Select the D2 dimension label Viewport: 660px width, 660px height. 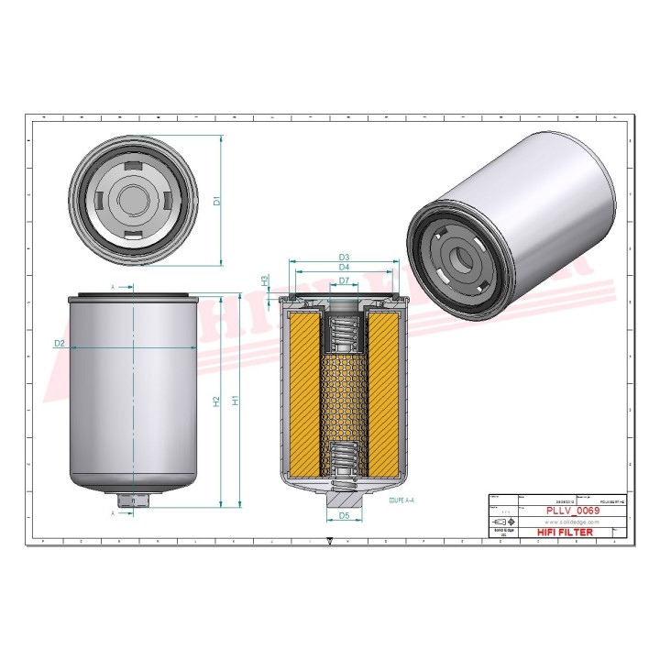(x=60, y=343)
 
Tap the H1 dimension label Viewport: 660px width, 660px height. (x=236, y=401)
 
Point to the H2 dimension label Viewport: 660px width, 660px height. (x=216, y=401)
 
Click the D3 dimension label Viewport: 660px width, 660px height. (x=345, y=257)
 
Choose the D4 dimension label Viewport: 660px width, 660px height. (x=345, y=268)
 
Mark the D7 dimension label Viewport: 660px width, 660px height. (x=345, y=280)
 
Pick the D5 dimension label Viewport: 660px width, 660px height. (x=345, y=516)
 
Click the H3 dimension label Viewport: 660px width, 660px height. (x=265, y=280)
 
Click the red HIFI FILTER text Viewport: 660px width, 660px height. (x=563, y=532)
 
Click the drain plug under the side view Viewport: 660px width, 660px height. (x=134, y=500)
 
